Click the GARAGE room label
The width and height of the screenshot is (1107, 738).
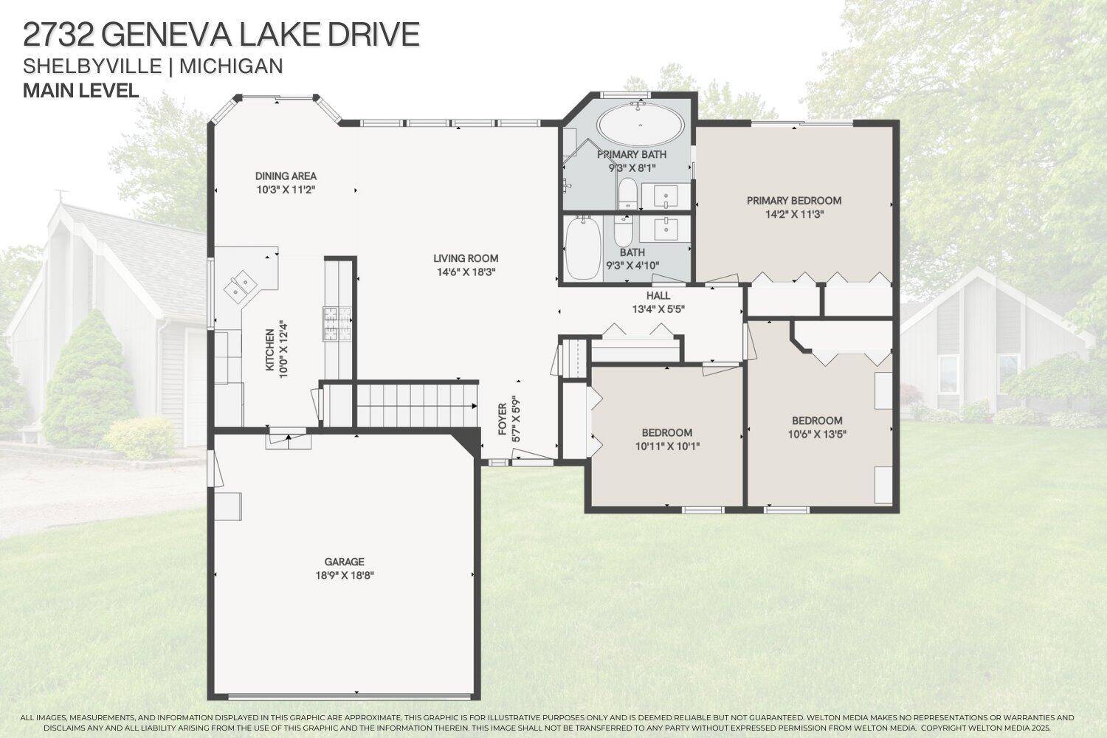(344, 562)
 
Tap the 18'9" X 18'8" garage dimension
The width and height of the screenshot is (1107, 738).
(344, 576)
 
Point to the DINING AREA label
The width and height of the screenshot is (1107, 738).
(286, 176)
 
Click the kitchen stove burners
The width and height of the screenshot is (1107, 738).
(337, 323)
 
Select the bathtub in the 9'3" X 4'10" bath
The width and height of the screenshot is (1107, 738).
(583, 247)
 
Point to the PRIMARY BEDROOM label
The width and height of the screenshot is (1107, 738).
(793, 201)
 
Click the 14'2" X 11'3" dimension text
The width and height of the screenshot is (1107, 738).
(793, 214)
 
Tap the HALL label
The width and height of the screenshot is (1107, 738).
(658, 295)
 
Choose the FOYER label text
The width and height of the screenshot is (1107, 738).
(502, 419)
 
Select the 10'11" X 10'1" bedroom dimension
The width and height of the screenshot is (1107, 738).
(666, 446)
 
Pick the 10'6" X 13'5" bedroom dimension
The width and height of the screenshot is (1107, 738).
(816, 434)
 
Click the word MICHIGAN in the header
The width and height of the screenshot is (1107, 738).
(231, 66)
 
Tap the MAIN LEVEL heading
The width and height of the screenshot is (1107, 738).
(81, 91)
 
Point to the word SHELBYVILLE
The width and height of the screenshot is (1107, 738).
(92, 66)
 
